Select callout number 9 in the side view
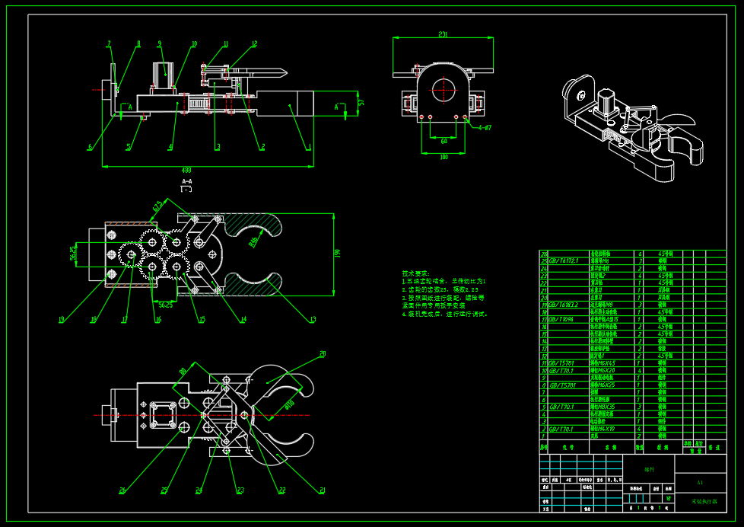pos(160,43)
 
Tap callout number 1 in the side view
pos(309,146)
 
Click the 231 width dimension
pos(443,34)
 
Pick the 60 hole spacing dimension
pos(444,140)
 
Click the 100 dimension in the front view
pos(444,156)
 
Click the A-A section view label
pos(186,181)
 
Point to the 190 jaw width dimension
pos(338,253)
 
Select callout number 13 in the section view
pos(313,319)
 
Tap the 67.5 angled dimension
pos(158,206)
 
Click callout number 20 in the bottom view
pos(323,353)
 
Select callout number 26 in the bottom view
pos(122,490)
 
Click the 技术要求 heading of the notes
pos(415,273)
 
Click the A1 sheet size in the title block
pos(700,482)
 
